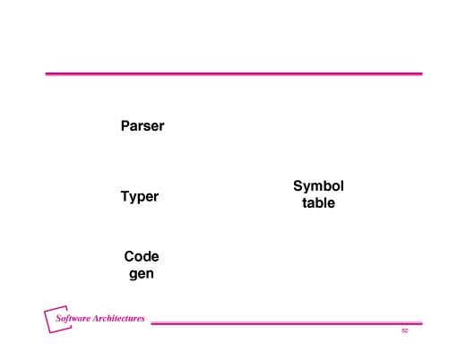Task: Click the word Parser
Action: click(x=142, y=125)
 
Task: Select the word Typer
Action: click(x=140, y=197)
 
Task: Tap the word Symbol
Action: click(x=318, y=186)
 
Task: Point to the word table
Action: click(x=318, y=202)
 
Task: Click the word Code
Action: click(x=142, y=256)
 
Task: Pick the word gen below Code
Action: click(x=142, y=274)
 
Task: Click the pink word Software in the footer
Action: click(x=73, y=318)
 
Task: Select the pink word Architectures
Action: click(x=118, y=318)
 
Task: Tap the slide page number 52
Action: click(x=404, y=330)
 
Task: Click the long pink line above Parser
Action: click(x=234, y=73)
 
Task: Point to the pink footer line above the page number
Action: click(x=287, y=323)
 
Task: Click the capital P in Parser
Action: click(x=125, y=125)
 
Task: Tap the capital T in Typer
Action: click(x=125, y=196)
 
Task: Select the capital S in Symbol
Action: click(x=298, y=185)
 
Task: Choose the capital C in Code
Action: click(x=129, y=256)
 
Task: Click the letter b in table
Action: click(x=320, y=202)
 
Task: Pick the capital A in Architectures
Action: click(x=96, y=318)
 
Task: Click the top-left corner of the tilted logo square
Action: click(x=44, y=311)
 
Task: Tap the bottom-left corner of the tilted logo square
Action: click(x=49, y=333)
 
